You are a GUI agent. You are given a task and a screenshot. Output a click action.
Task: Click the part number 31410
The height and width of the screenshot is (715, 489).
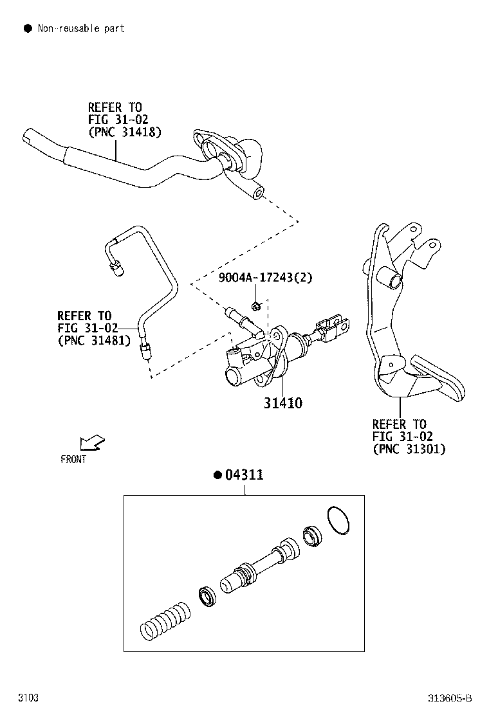(282, 404)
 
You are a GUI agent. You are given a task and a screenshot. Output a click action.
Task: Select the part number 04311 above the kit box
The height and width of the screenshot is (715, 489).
(244, 475)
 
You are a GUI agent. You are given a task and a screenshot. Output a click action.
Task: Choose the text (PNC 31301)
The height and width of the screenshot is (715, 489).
(409, 449)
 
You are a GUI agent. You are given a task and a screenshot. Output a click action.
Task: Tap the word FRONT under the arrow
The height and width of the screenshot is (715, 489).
(73, 459)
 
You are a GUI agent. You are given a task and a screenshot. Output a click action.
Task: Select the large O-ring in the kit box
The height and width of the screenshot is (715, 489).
(338, 520)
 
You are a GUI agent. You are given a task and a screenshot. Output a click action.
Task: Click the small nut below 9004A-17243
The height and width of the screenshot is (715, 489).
(256, 305)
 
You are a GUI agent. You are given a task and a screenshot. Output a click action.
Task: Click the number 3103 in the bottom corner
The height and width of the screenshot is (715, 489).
(28, 698)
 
